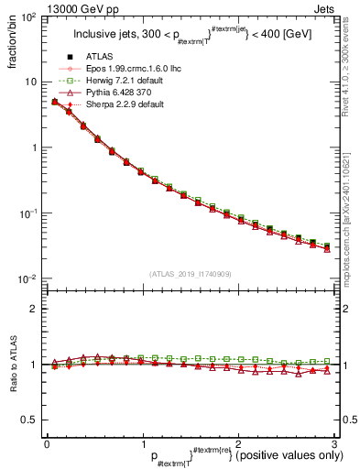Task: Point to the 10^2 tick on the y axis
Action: tap(27, 17)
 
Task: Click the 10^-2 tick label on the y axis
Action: tap(27, 278)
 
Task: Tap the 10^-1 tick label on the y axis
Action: tap(27, 213)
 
